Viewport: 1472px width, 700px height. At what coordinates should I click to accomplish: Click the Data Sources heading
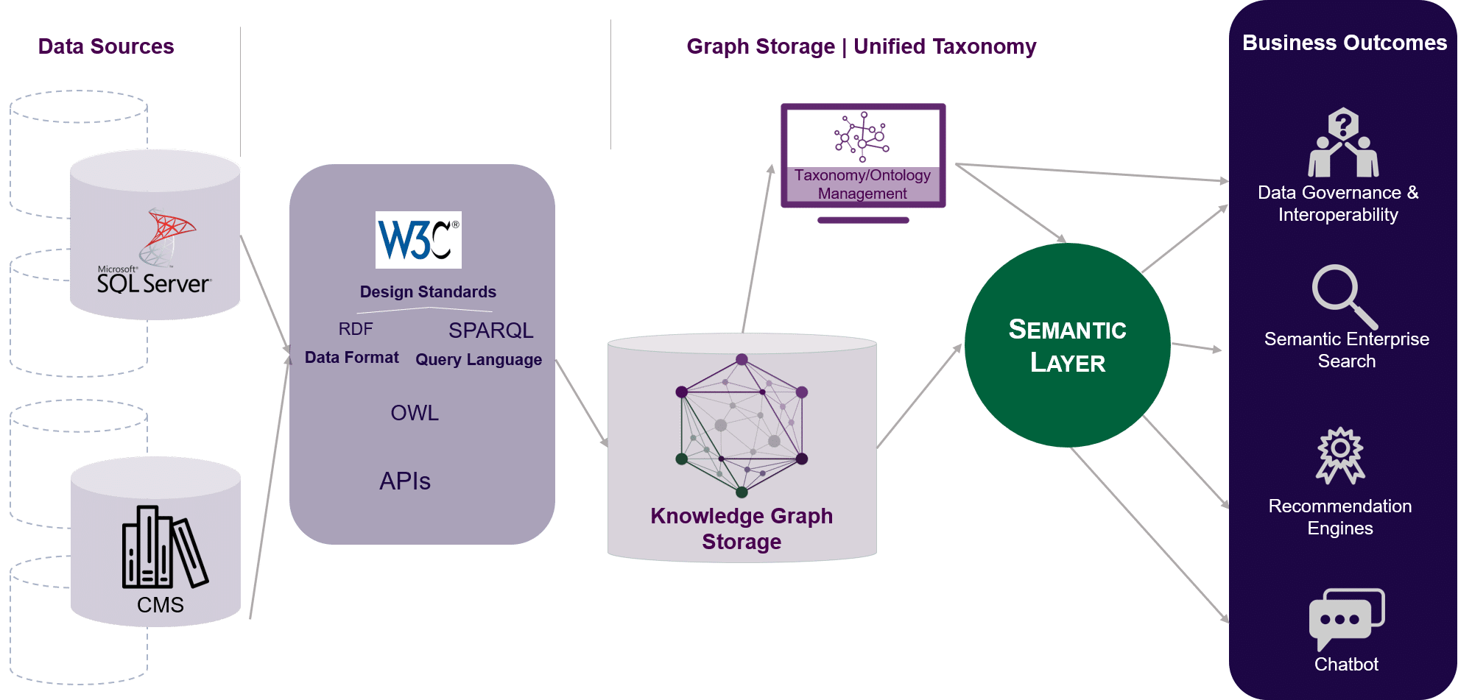(x=106, y=46)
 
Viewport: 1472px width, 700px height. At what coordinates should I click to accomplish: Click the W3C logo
(x=418, y=240)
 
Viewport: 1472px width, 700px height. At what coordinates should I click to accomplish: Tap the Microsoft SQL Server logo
(x=155, y=254)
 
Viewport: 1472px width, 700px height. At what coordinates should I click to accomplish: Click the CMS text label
(x=160, y=605)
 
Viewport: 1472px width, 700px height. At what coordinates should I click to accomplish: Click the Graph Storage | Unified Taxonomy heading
(x=861, y=46)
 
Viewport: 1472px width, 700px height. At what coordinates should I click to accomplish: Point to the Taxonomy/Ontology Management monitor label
(x=862, y=184)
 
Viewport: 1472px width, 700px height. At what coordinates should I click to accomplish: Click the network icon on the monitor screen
(x=862, y=137)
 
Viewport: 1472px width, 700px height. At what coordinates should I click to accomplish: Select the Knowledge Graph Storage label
(x=742, y=528)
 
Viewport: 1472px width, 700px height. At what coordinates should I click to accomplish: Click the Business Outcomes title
(x=1344, y=43)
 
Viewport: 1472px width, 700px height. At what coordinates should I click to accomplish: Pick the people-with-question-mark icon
(x=1343, y=143)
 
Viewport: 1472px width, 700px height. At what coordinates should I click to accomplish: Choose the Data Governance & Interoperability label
(x=1338, y=203)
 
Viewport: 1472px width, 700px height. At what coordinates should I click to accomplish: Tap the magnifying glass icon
(x=1343, y=297)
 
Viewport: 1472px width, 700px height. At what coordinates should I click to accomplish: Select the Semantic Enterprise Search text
(x=1346, y=350)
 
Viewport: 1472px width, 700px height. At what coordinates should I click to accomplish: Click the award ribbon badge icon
(x=1340, y=456)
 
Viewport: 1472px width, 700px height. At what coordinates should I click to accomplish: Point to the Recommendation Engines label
(x=1340, y=517)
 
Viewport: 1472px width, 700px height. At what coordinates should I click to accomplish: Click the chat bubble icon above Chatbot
(x=1346, y=618)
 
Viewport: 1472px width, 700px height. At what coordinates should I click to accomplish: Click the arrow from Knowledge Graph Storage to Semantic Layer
(x=919, y=396)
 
